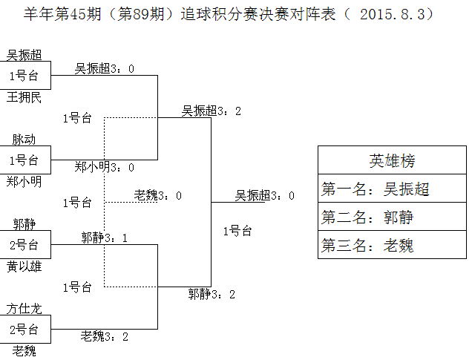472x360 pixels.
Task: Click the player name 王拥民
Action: [x=24, y=97]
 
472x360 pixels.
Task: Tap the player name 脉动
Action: [x=24, y=140]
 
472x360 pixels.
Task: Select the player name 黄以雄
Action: [x=24, y=266]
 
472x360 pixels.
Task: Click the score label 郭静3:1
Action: [x=105, y=238]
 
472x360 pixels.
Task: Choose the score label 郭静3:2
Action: [x=212, y=294]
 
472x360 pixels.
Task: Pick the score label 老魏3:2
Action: [x=105, y=336]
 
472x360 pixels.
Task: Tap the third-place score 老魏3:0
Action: [x=158, y=195]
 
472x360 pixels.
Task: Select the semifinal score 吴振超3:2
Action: [x=212, y=111]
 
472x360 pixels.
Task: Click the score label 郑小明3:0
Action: [x=105, y=168]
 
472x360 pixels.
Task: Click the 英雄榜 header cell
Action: [x=392, y=160]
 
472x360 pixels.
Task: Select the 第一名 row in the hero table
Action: [x=392, y=189]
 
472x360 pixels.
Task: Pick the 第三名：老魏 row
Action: [x=392, y=245]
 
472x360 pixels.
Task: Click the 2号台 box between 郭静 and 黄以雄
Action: [x=24, y=245]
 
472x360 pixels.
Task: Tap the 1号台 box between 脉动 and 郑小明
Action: [x=24, y=160]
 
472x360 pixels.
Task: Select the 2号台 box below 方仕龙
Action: [x=24, y=330]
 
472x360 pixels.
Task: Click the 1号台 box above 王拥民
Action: [x=24, y=76]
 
